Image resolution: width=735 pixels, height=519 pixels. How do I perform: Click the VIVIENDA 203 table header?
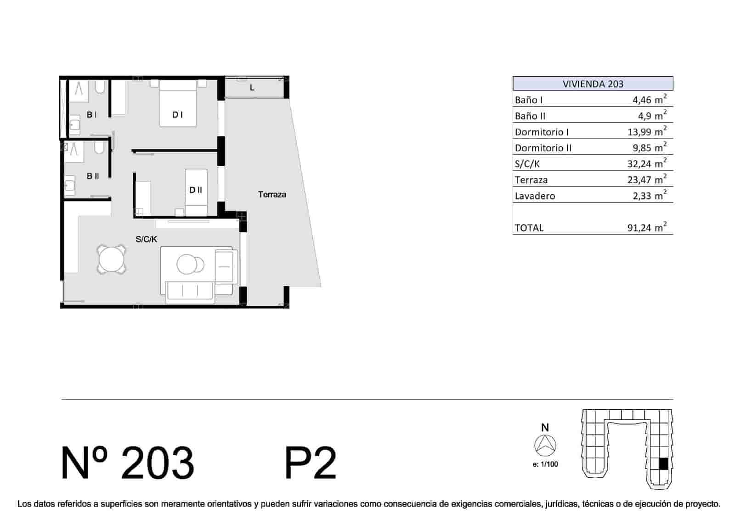[x=593, y=84]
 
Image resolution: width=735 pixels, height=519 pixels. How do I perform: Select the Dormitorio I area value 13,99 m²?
[x=647, y=131]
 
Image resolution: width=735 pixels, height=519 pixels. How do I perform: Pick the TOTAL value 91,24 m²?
[x=647, y=227]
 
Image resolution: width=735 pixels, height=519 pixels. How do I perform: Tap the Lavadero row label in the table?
[x=535, y=196]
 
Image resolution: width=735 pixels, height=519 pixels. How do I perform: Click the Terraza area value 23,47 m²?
[x=647, y=179]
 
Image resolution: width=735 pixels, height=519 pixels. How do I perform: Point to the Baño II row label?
[x=530, y=116]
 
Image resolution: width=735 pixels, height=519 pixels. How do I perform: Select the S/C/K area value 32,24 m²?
[x=647, y=163]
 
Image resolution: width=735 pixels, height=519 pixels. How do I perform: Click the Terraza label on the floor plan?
[x=272, y=195]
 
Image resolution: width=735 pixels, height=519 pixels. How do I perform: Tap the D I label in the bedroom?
[x=177, y=114]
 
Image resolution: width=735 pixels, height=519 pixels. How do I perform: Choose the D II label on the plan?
[x=196, y=190]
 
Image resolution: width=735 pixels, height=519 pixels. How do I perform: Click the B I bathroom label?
[x=91, y=114]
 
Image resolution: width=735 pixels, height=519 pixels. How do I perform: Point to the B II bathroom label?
[x=92, y=176]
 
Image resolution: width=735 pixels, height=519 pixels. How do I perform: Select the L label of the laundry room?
[x=252, y=88]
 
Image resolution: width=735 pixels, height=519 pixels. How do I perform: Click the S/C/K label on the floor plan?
[x=147, y=239]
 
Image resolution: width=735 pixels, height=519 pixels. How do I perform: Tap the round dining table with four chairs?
[x=112, y=259]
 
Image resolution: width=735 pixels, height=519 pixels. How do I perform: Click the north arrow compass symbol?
[x=545, y=445]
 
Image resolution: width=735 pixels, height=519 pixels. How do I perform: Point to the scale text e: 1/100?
[x=545, y=464]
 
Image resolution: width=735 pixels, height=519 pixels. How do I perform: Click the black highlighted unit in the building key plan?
[x=663, y=464]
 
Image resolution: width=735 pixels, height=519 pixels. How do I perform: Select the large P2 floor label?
[x=311, y=463]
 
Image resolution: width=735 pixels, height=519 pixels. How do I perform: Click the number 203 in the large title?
[x=158, y=463]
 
